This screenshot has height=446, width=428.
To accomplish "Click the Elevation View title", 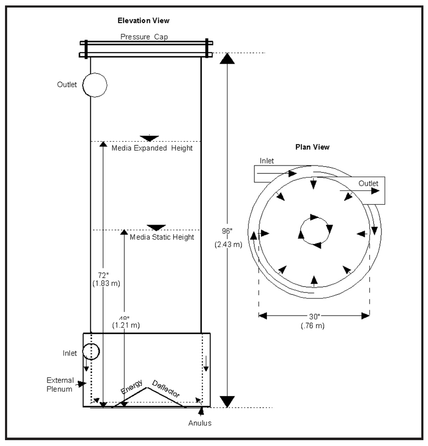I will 143,20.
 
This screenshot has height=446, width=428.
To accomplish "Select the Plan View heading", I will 313,147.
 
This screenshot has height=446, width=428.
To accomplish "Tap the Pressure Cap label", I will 144,37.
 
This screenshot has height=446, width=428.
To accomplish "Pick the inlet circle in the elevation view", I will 91,352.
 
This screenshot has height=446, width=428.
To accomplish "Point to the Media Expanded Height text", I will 152,148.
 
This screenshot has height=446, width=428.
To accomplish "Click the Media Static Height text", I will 162,237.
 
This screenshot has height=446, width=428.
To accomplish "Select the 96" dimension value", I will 228,231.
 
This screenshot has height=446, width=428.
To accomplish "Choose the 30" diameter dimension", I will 314,316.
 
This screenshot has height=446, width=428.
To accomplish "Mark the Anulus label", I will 200,423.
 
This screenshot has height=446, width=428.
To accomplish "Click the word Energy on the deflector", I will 132,386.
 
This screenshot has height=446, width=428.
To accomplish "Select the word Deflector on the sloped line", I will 165,388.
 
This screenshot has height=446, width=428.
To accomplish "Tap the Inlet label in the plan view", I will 267,161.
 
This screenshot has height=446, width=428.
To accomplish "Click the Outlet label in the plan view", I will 368,183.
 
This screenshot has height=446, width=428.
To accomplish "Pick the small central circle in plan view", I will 314,230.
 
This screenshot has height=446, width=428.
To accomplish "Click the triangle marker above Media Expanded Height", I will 149,138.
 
